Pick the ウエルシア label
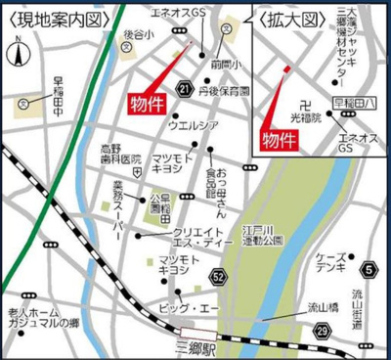click(192, 125)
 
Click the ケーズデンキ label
click(327, 263)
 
